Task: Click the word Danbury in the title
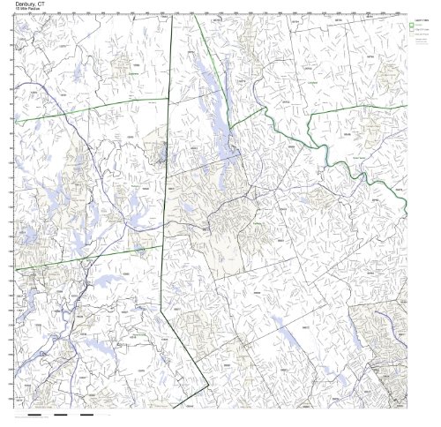pyautogui.click(x=23, y=4)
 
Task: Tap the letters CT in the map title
pyautogui.click(x=41, y=4)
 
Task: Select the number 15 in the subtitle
pyautogui.click(x=19, y=11)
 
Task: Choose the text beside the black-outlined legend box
pyautogui.click(x=426, y=29)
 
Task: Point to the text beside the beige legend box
pyautogui.click(x=426, y=34)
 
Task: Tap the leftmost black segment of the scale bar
pyautogui.click(x=35, y=414)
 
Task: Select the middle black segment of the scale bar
pyautogui.click(x=61, y=414)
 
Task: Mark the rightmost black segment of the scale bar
pyautogui.click(x=86, y=414)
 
